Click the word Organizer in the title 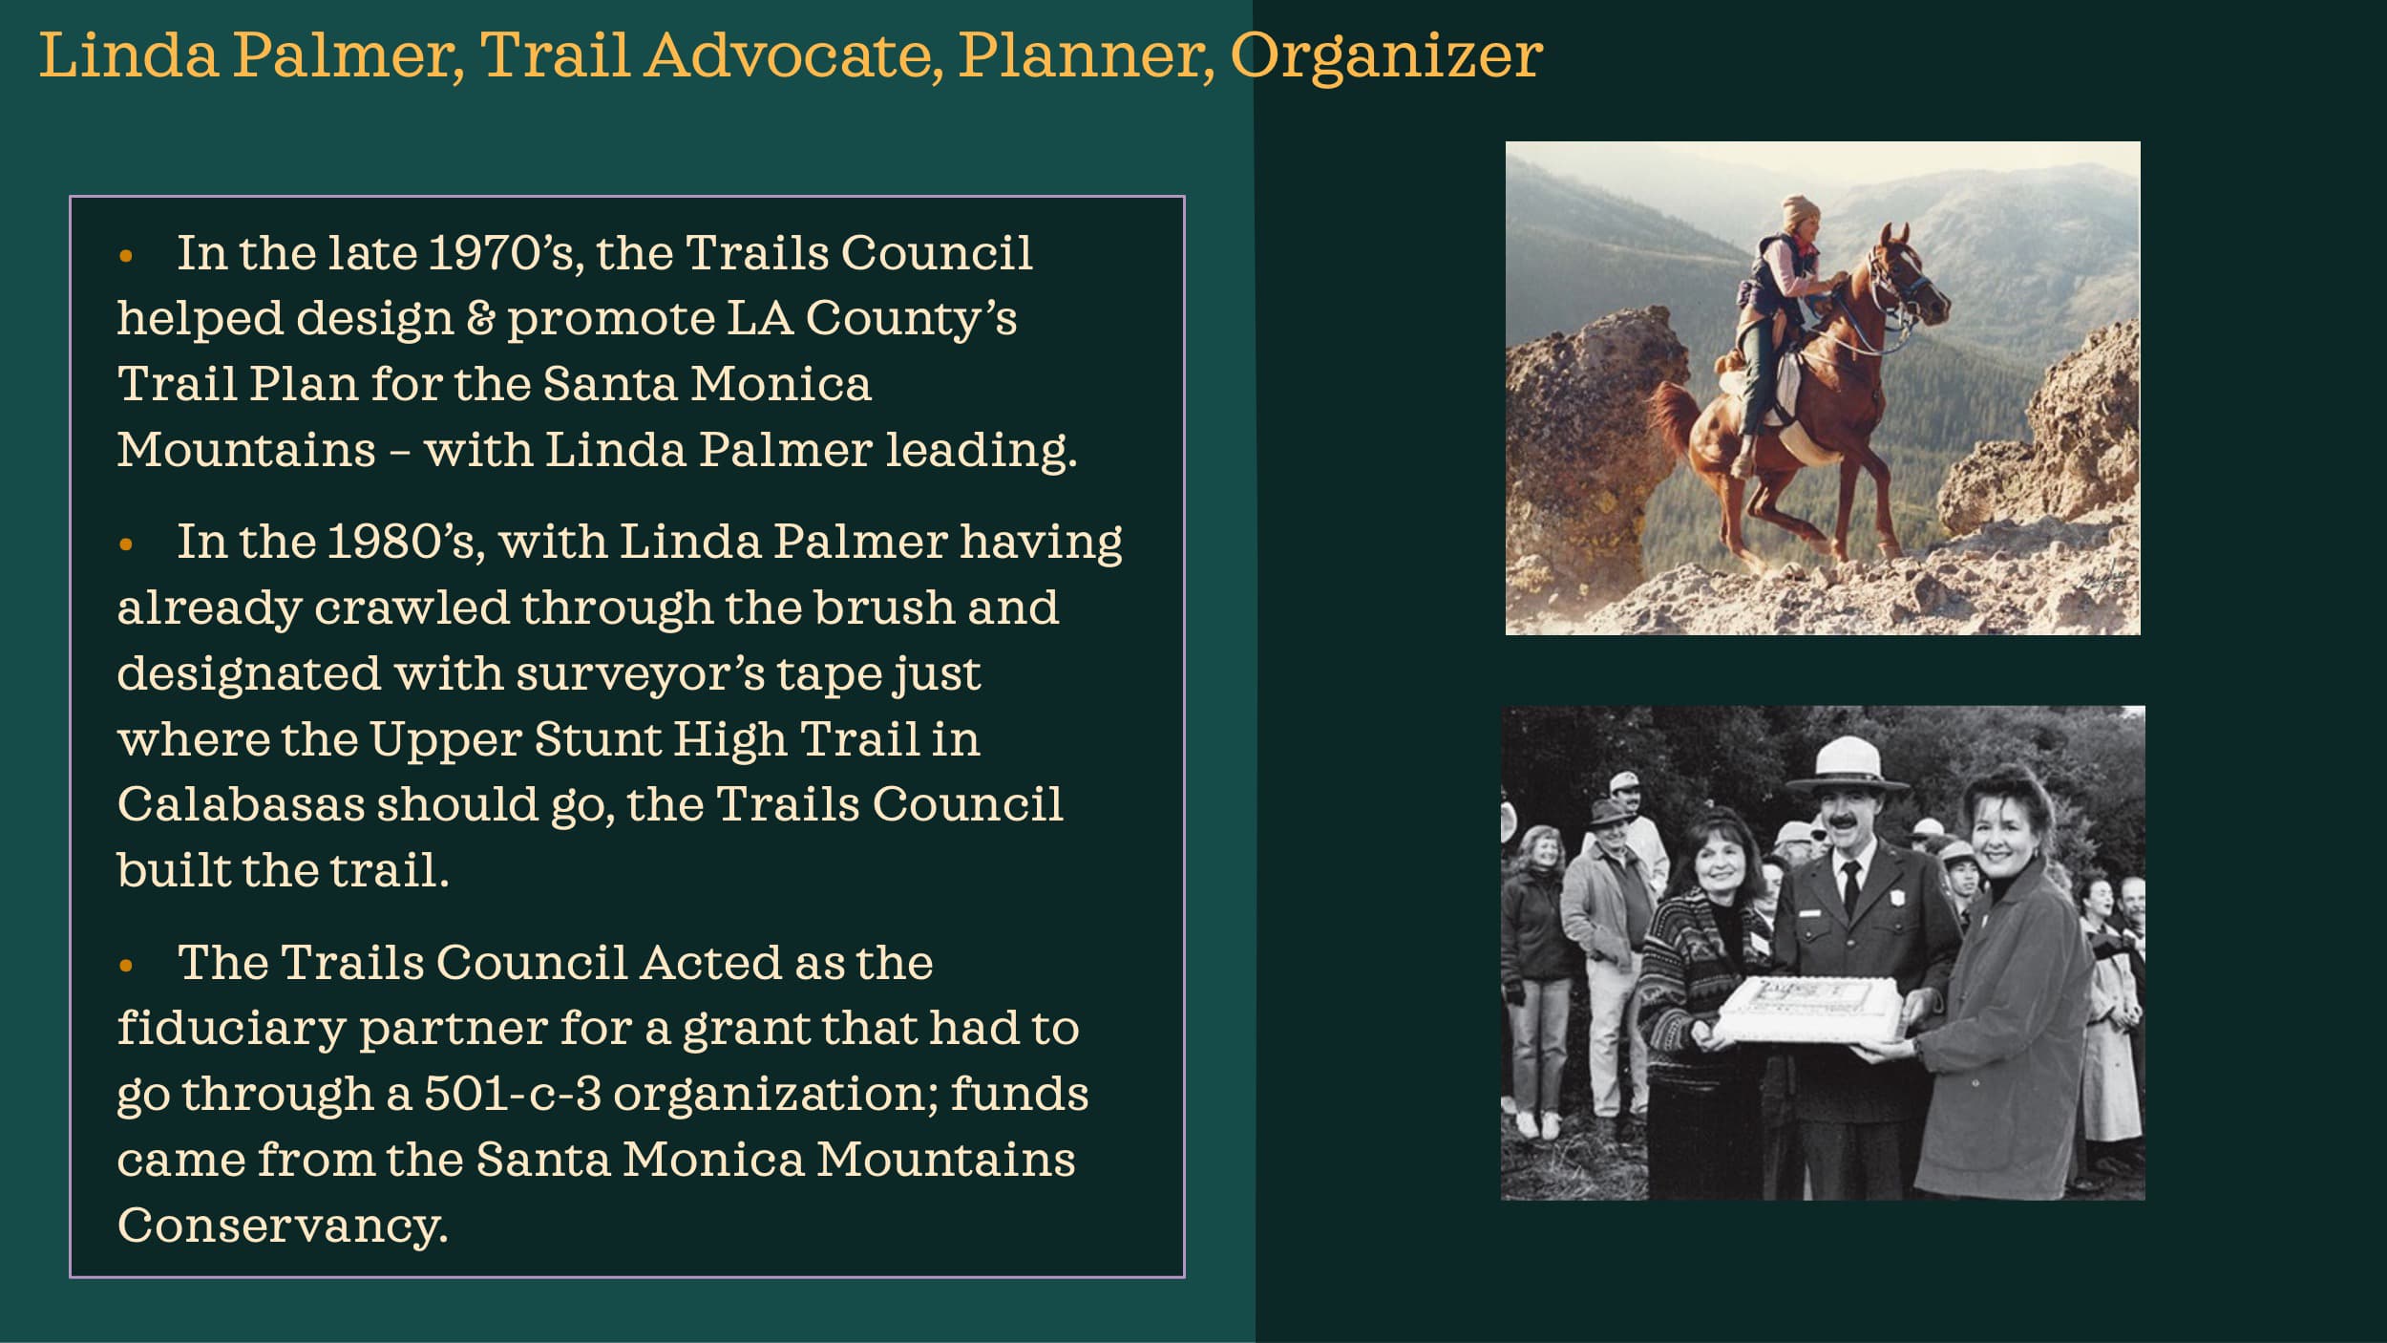point(1385,55)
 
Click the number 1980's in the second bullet point(401,543)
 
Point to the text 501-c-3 point(512,1094)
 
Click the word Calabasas point(241,804)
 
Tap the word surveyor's point(640,673)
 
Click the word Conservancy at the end point(282,1226)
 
